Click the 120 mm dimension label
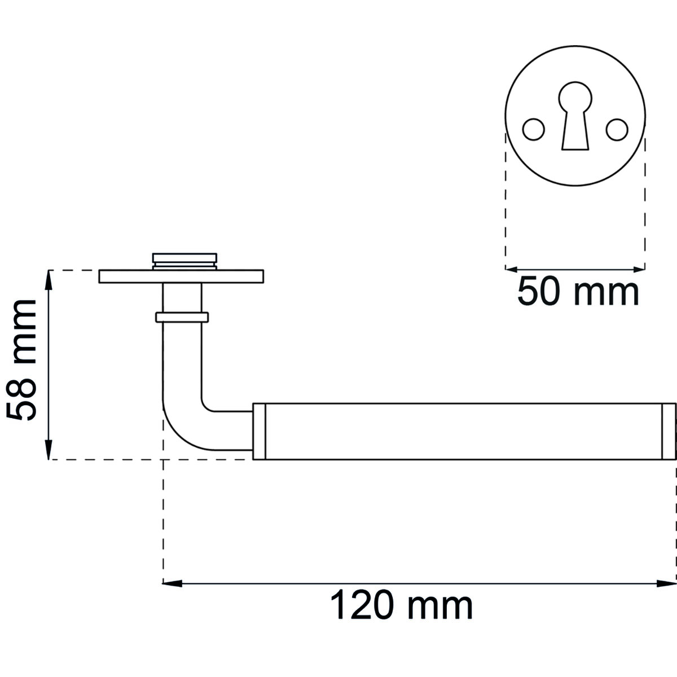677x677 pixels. pos(401,606)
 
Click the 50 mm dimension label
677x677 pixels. pos(578,292)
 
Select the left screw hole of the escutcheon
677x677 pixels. pos(533,129)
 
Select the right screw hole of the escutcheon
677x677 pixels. pos(617,129)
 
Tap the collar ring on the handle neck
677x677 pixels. pos(182,317)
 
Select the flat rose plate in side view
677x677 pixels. pos(181,276)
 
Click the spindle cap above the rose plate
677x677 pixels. pos(184,261)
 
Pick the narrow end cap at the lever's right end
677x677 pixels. pos(669,431)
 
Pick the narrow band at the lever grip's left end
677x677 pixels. pos(259,431)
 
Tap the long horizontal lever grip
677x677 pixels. pos(463,431)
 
